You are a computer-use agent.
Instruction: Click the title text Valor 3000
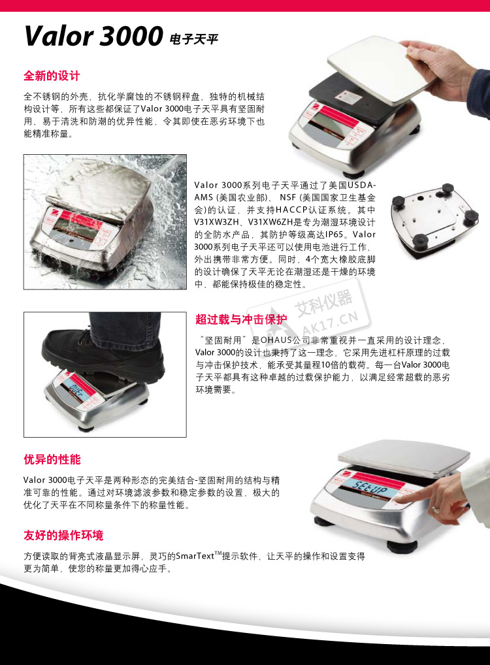click(93, 36)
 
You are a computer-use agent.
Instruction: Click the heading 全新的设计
click(52, 76)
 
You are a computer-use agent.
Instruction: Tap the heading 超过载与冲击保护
click(241, 319)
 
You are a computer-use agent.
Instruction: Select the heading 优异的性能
click(52, 459)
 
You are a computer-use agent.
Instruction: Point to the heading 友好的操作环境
click(63, 535)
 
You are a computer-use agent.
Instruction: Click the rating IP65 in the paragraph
click(335, 235)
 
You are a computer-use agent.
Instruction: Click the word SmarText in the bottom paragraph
click(195, 556)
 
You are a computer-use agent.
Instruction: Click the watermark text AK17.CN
click(330, 323)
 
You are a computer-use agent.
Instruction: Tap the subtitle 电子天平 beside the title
click(193, 39)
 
